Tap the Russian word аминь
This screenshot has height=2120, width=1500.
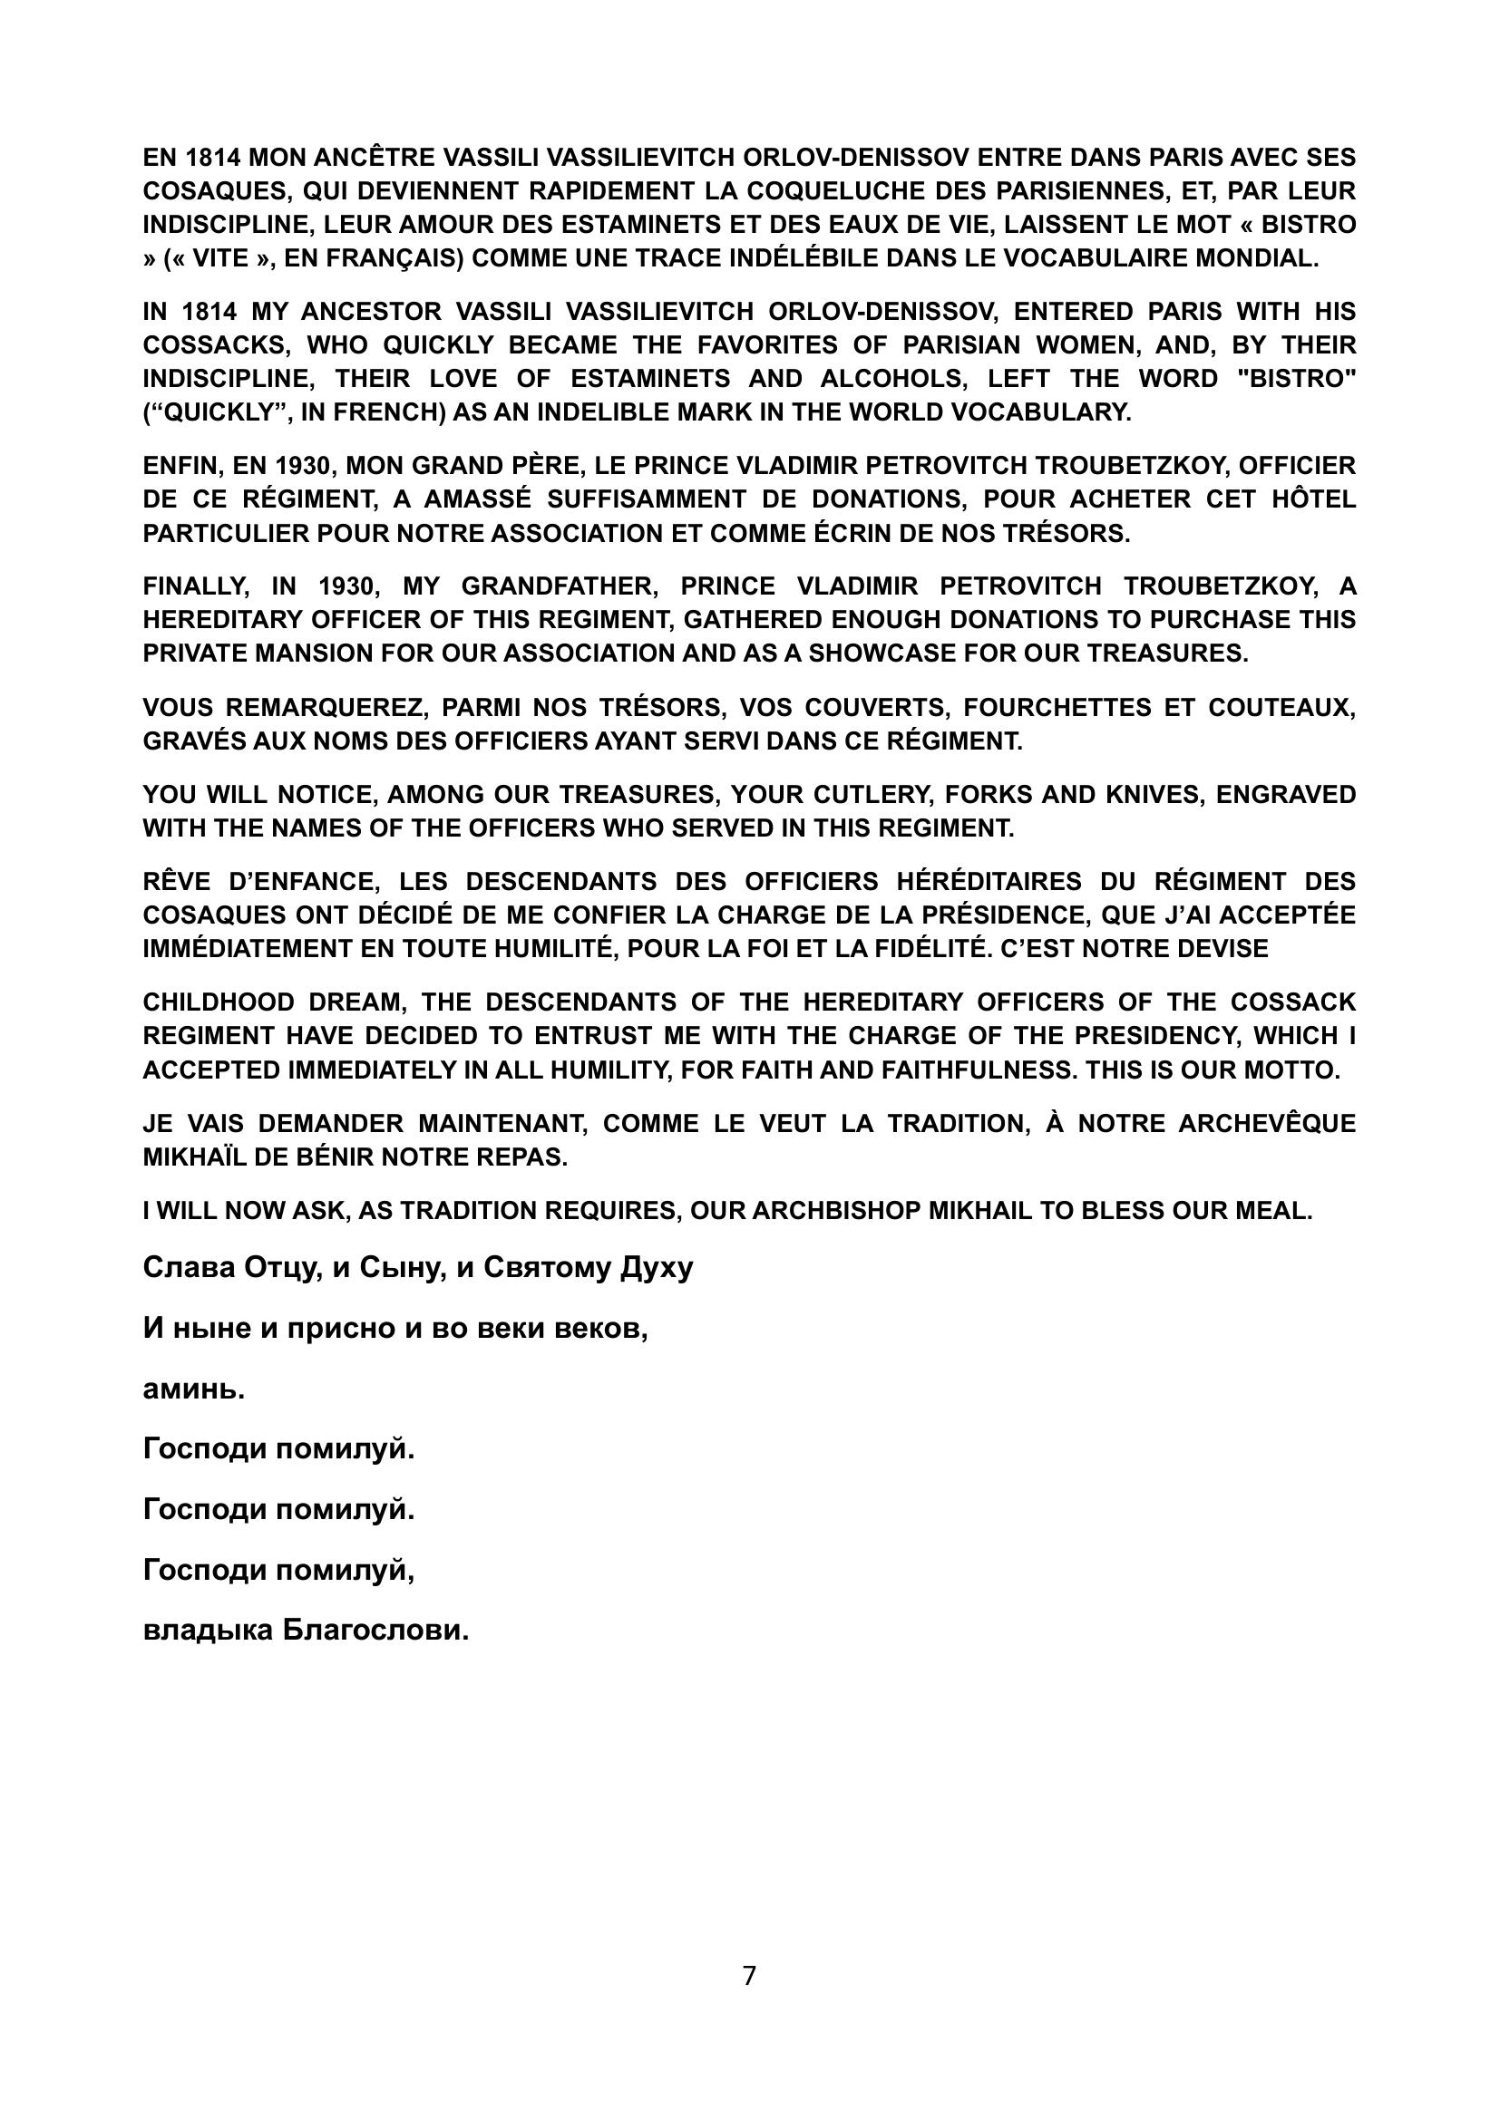(x=194, y=1389)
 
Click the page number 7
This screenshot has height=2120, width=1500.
(x=749, y=1976)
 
